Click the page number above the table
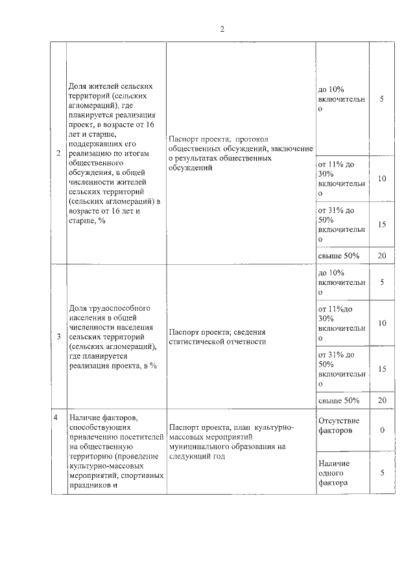tap(222, 29)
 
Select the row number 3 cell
tap(59, 336)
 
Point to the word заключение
tap(292, 148)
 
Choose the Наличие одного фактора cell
tap(342, 473)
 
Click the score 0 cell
tap(382, 429)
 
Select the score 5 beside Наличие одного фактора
tap(382, 473)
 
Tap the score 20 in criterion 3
tap(382, 400)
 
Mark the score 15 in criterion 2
tap(382, 225)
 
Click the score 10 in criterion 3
tap(382, 323)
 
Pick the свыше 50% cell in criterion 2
tap(342, 255)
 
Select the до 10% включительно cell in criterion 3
tap(342, 282)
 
